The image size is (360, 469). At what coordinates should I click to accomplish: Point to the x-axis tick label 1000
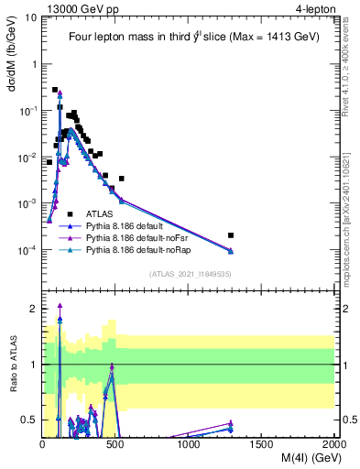coord(188,445)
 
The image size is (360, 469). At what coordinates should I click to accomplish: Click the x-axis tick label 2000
coord(333,445)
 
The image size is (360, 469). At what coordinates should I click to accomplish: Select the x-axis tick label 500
coord(115,445)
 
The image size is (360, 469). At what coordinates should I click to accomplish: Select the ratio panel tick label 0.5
coord(31,420)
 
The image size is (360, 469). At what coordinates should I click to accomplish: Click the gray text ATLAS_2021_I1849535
coord(189,273)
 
